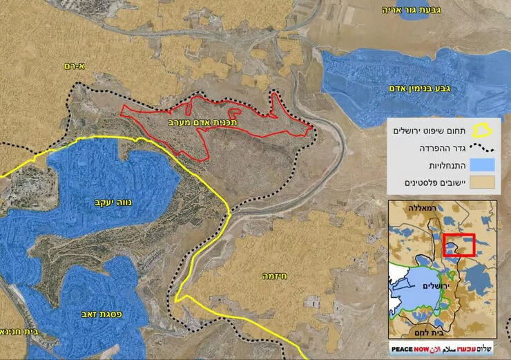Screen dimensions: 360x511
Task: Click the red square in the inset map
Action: pos(459,244)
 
